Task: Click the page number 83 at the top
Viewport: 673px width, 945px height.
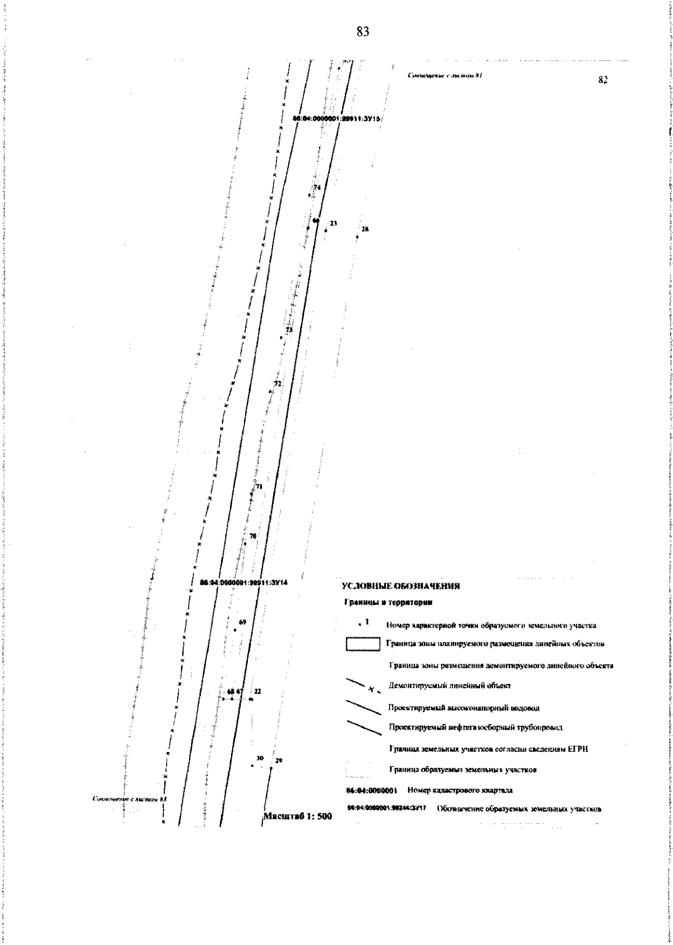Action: tap(363, 32)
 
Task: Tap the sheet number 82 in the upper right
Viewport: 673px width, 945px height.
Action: tap(603, 80)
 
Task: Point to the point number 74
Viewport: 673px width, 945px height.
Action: tap(317, 188)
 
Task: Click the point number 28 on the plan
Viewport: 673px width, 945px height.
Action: tap(365, 229)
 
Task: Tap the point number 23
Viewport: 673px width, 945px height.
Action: tap(333, 223)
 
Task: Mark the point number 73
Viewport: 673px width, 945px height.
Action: tap(289, 330)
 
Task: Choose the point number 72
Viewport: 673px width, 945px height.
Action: tap(277, 384)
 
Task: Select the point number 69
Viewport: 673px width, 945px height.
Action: tap(242, 623)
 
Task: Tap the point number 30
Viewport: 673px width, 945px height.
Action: tap(260, 758)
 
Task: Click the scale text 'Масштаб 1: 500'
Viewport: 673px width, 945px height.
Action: tap(298, 816)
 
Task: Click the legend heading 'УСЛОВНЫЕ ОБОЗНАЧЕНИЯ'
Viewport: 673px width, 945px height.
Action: tap(400, 587)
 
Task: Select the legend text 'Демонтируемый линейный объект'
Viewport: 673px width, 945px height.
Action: tap(449, 685)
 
